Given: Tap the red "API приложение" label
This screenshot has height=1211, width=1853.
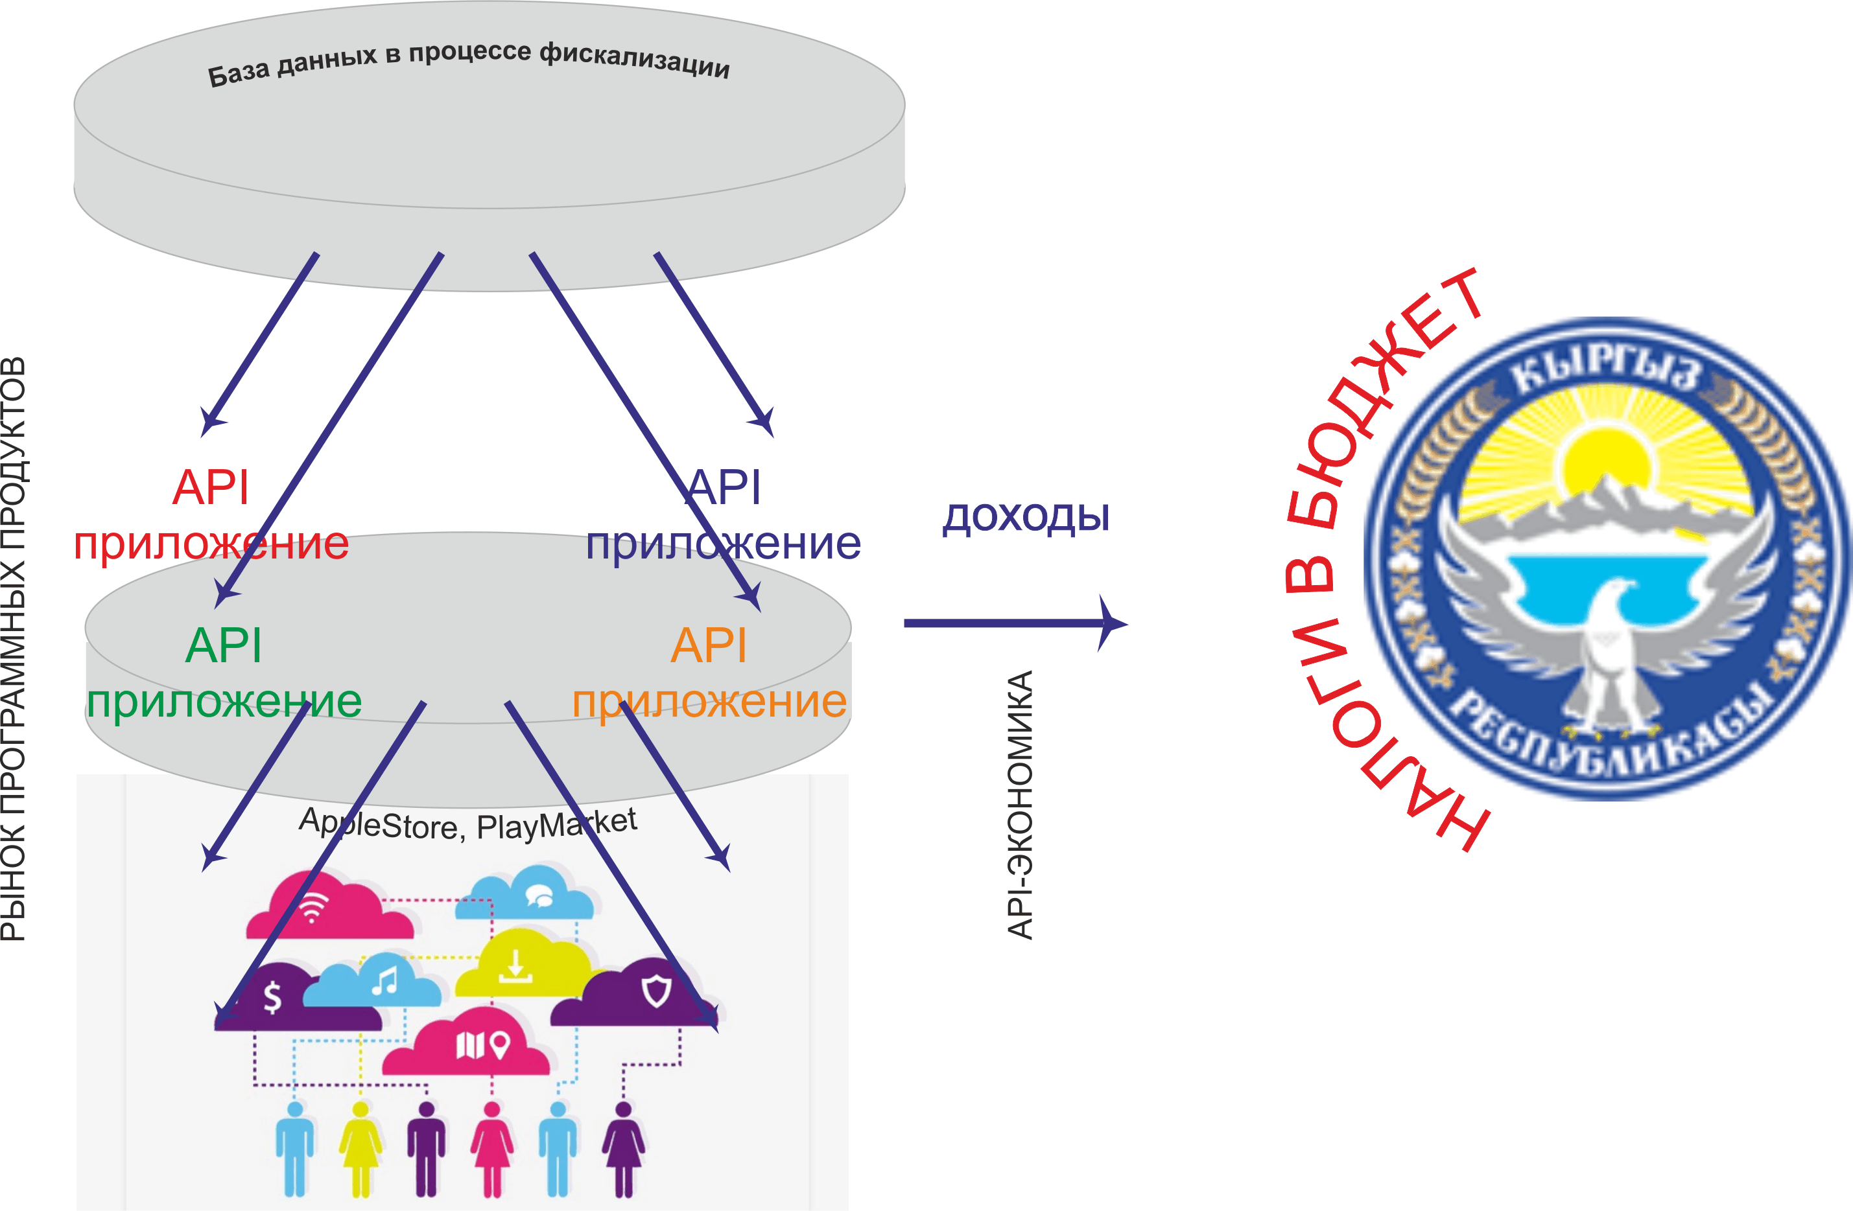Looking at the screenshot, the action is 211,514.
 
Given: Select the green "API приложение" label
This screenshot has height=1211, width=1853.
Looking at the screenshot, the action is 224,673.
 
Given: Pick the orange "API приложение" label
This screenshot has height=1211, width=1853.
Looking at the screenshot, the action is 709,673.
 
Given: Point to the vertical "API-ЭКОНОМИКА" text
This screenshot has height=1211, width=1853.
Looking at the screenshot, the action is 1020,805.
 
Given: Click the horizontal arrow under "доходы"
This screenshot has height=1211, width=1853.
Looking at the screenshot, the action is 1015,623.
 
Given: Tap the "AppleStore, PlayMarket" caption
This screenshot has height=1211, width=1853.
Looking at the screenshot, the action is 468,824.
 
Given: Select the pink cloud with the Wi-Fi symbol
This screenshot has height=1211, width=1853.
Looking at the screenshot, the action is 329,906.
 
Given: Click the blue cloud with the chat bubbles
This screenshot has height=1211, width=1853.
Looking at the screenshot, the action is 524,894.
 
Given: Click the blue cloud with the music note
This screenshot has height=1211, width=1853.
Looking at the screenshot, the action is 372,980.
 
